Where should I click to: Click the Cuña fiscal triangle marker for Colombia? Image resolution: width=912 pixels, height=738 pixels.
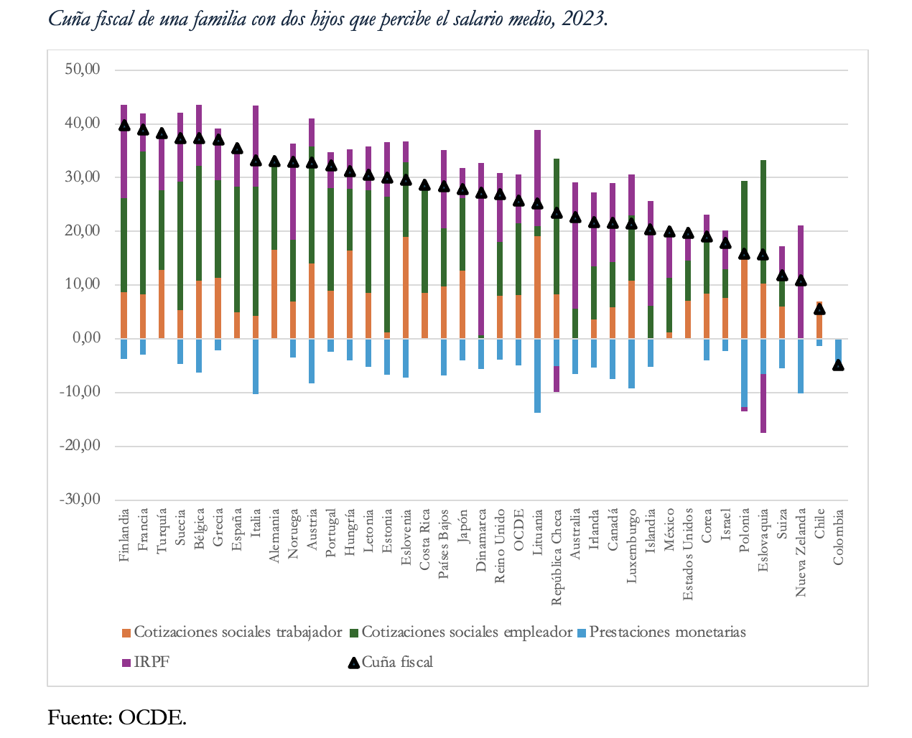[x=838, y=365]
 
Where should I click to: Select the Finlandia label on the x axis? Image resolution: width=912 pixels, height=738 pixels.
[x=124, y=536]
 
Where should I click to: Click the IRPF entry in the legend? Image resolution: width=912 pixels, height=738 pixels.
[x=151, y=662]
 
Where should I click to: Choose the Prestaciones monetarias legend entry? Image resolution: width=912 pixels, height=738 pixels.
[x=667, y=632]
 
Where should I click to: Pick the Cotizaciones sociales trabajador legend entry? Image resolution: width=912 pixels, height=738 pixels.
[x=237, y=632]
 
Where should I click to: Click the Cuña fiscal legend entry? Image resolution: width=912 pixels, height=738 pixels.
[x=396, y=662]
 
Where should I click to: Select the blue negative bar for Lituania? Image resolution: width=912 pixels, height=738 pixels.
[x=537, y=375]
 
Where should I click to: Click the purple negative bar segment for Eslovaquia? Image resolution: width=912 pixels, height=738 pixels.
[x=763, y=403]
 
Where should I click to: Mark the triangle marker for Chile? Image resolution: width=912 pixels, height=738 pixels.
[x=819, y=309]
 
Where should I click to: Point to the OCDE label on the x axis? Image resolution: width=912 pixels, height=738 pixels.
[x=518, y=531]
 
